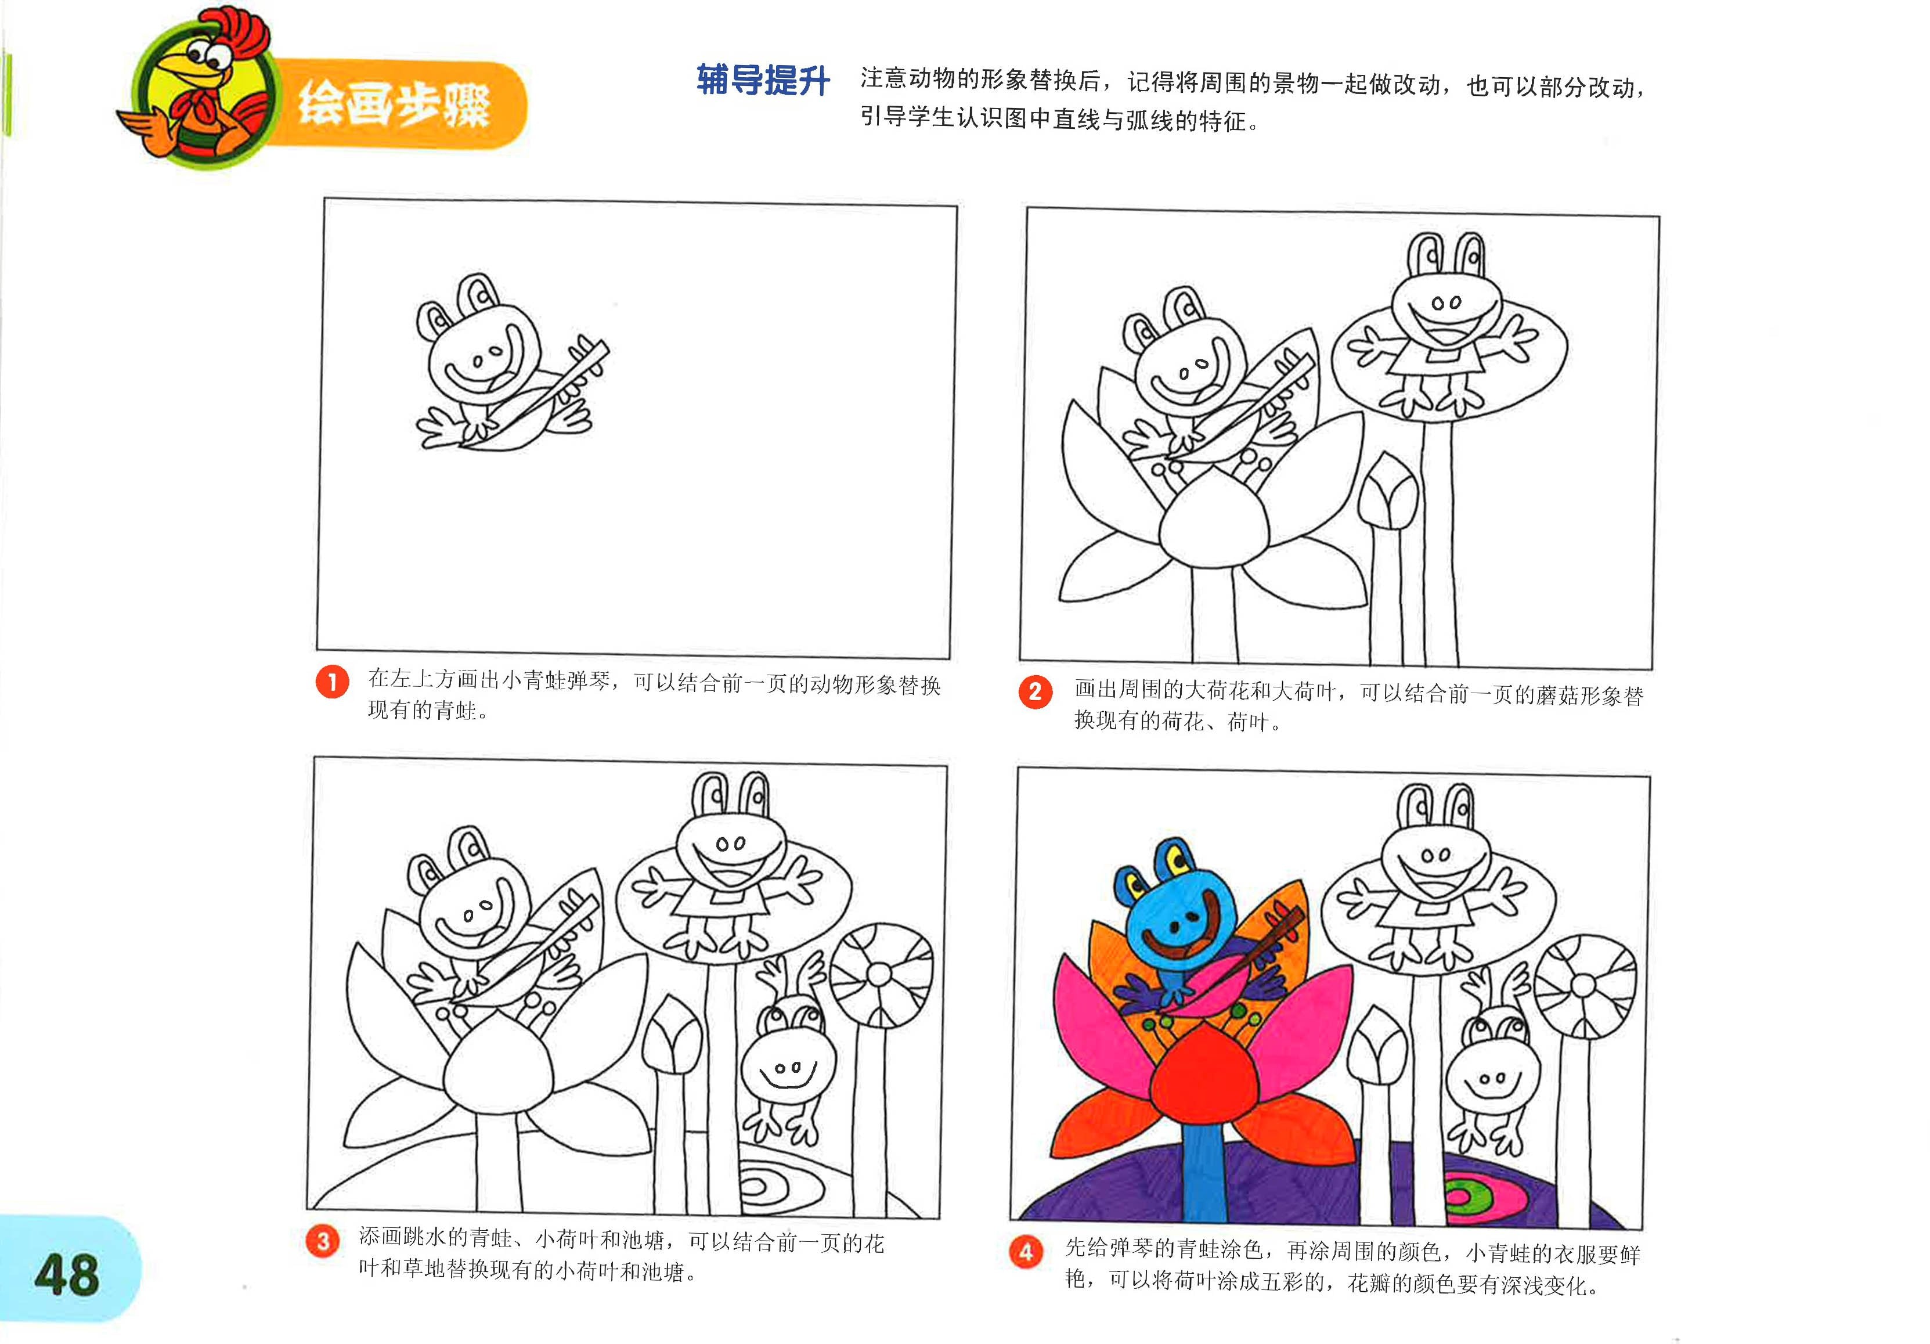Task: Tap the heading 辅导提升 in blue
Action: (x=762, y=81)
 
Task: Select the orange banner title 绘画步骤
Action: (x=395, y=106)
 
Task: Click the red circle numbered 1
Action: (x=332, y=682)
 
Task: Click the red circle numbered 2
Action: (x=1035, y=693)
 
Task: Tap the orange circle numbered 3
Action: (x=323, y=1241)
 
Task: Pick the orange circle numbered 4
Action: (x=1026, y=1252)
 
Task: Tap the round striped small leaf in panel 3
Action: (x=880, y=974)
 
